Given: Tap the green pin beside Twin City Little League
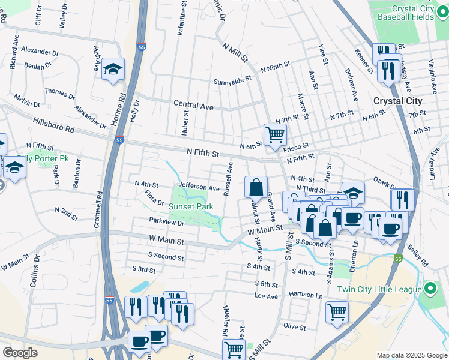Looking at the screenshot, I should pyautogui.click(x=430, y=289).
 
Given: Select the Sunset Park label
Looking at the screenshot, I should pyautogui.click(x=190, y=207).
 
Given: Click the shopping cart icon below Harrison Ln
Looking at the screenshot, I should pyautogui.click(x=337, y=311).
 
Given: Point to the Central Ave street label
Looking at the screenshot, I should pyautogui.click(x=193, y=105).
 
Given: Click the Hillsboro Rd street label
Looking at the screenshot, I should pyautogui.click(x=53, y=125).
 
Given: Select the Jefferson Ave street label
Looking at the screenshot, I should pyautogui.click(x=198, y=188).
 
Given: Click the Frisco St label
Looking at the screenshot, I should pyautogui.click(x=296, y=146).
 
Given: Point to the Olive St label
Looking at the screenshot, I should pyautogui.click(x=295, y=326).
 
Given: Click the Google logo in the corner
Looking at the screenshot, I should pyautogui.click(x=20, y=353).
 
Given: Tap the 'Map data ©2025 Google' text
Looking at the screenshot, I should pyautogui.click(x=411, y=355).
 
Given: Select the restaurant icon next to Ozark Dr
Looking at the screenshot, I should pyautogui.click(x=402, y=199).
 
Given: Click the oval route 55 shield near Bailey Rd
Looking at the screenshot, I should pyautogui.click(x=397, y=259).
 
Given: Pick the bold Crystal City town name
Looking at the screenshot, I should pyautogui.click(x=397, y=101).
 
